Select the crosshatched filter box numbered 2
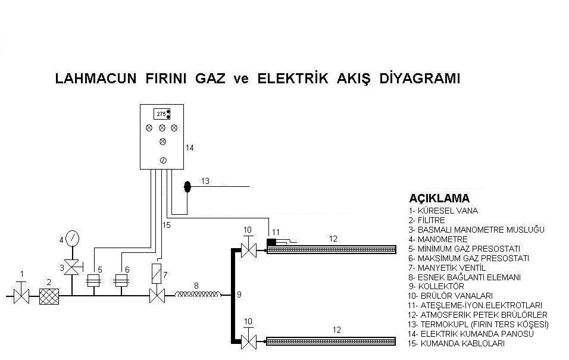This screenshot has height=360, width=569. tap(48, 296)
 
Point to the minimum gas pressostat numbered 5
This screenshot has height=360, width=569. tap(92, 280)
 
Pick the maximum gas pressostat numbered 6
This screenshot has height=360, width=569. tap(121, 280)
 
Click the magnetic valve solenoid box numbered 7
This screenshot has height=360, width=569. tap(157, 273)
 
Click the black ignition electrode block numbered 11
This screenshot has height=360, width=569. tap(272, 242)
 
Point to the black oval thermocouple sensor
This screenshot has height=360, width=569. tap(187, 187)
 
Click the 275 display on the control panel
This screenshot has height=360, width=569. tap(161, 113)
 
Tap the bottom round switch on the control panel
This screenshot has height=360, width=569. tap(162, 160)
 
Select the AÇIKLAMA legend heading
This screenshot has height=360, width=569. tap(439, 198)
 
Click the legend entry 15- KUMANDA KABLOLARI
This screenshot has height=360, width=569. tap(457, 343)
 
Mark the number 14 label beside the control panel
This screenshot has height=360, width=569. tap(190, 148)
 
